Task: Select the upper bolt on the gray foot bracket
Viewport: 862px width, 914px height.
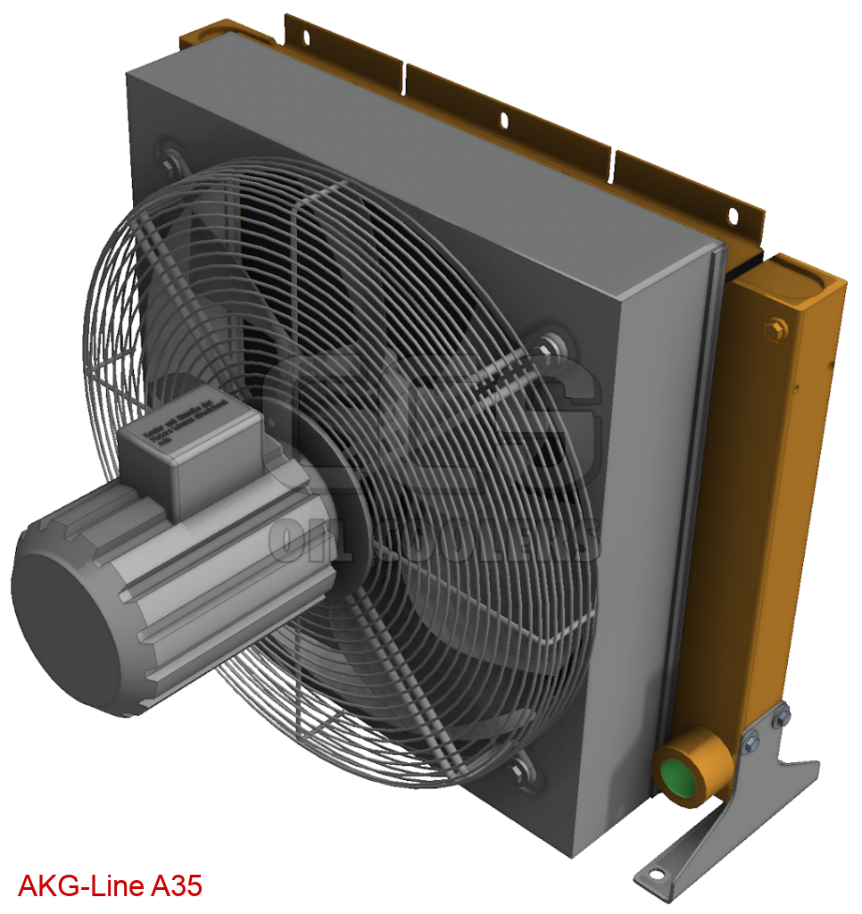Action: coord(782,717)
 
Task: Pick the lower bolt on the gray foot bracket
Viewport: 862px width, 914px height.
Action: coord(751,740)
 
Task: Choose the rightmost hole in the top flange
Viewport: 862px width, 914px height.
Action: coord(733,215)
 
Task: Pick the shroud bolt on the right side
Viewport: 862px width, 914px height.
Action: coord(551,344)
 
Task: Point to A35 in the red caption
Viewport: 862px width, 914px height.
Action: coord(177,886)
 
